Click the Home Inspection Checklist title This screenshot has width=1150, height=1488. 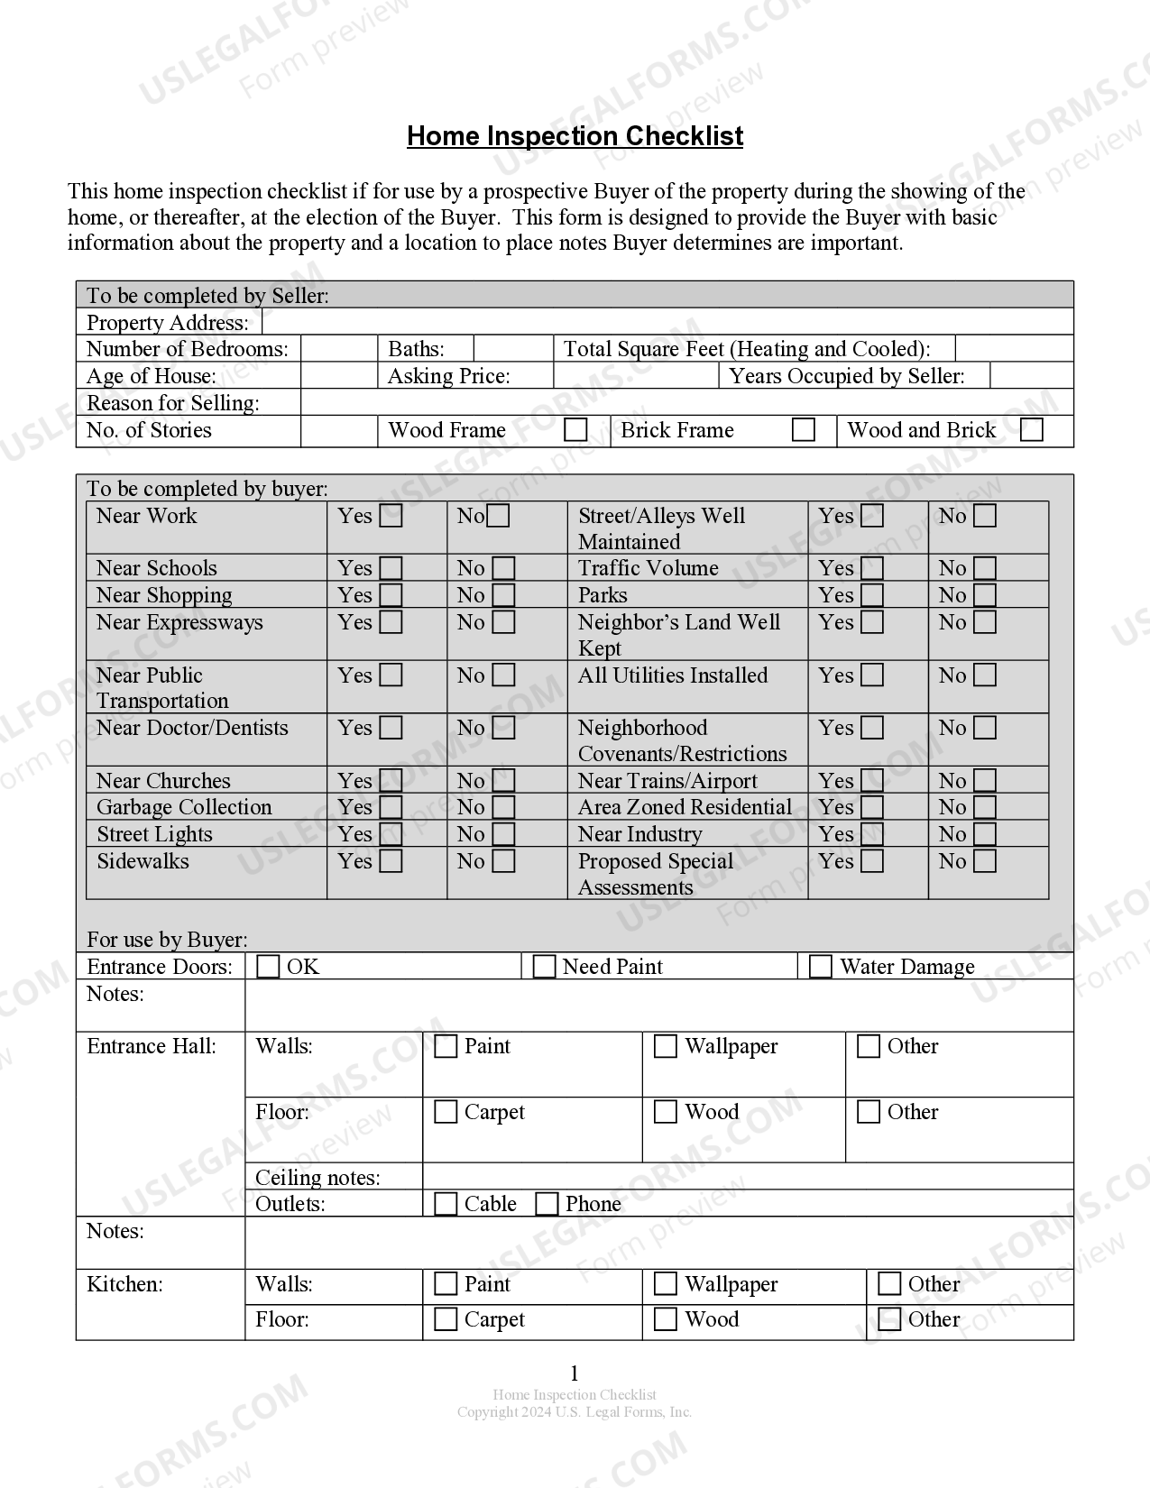coord(575,136)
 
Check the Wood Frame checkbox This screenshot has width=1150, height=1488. coord(575,429)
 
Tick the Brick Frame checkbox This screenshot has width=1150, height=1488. coord(803,429)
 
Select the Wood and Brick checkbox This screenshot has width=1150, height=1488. coord(1031,429)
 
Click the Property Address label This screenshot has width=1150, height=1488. coord(167,323)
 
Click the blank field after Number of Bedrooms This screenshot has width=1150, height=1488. coord(338,349)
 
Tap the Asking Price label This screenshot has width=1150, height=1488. coord(448,376)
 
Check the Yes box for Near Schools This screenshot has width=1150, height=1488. coord(391,568)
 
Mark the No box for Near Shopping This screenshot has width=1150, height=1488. coord(504,595)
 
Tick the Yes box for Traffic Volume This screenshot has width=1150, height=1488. coord(872,568)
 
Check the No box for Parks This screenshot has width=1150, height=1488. coord(985,595)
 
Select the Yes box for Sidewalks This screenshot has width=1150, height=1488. coord(391,861)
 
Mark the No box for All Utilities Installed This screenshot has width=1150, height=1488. coord(985,675)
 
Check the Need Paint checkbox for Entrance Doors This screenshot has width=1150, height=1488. coord(544,967)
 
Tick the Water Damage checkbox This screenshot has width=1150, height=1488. coord(820,967)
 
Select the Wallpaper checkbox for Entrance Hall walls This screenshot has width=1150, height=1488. coord(665,1046)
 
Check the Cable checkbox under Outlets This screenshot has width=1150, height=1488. coord(446,1204)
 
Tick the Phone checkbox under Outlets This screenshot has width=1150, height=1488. coord(547,1204)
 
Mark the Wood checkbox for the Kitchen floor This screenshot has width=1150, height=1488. coord(665,1319)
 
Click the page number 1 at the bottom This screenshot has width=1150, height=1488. coord(575,1373)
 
